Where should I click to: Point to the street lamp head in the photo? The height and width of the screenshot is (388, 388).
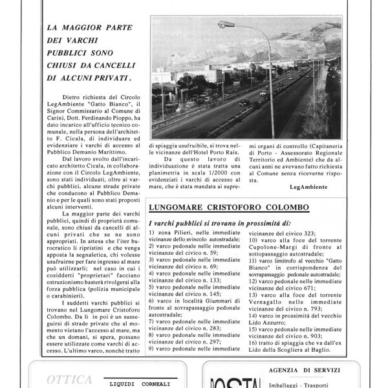pos(225,24)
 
